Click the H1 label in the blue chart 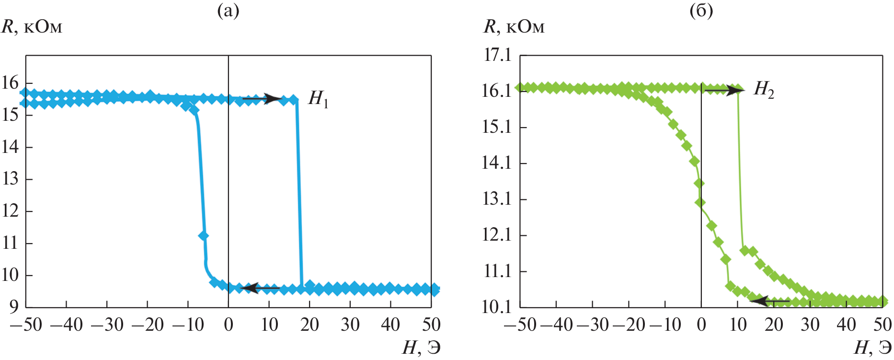(319, 99)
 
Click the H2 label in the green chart (764, 89)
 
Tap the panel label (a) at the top (228, 11)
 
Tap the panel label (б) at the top (701, 11)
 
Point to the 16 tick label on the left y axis (10, 83)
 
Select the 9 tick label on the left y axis (13, 307)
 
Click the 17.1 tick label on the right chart (497, 55)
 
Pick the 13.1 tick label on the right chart (497, 198)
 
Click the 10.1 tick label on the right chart (497, 306)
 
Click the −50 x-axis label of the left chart (26, 325)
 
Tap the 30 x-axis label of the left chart (350, 325)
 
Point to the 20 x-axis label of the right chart (774, 325)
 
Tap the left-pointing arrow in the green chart (769, 301)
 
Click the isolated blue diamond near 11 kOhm (203, 235)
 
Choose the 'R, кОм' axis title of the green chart (514, 27)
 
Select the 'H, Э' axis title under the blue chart (421, 348)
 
